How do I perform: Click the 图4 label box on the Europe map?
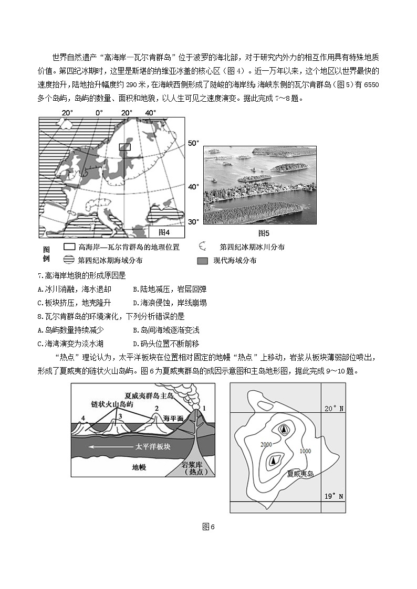pos(164,232)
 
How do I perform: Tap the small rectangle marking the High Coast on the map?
pos(124,147)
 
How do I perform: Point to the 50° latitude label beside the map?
pos(194,143)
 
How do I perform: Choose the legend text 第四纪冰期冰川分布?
pos(252,247)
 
